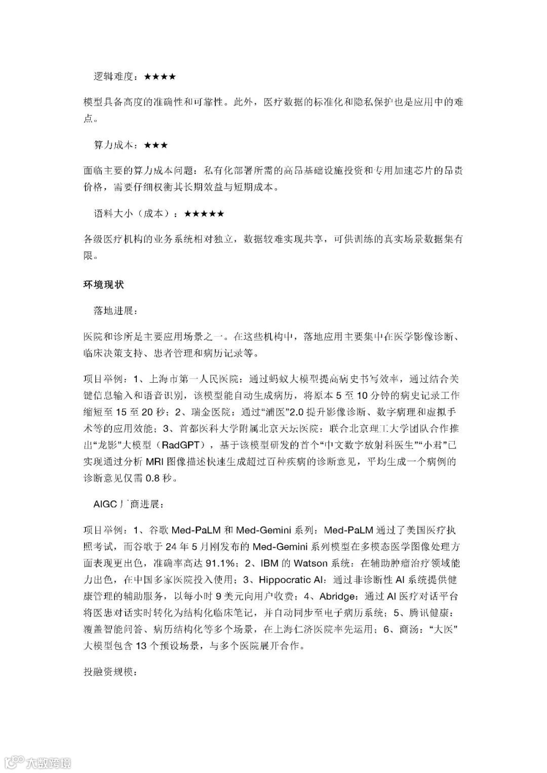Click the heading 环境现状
(103, 285)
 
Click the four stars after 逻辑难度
(160, 77)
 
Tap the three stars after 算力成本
(155, 145)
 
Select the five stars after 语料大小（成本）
(204, 214)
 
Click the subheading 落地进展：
(115, 310)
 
